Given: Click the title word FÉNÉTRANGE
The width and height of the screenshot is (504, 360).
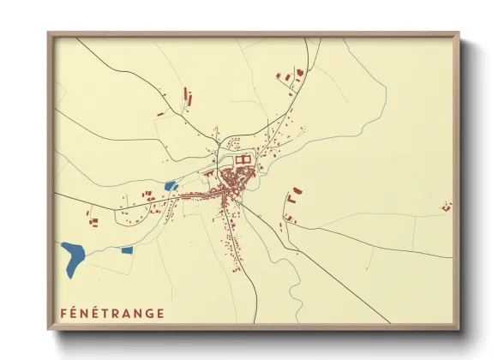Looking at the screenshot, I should click(x=112, y=313).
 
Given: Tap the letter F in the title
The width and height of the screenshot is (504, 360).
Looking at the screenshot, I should click(x=64, y=313).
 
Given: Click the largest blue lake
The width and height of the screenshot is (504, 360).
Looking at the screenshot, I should click(x=75, y=255).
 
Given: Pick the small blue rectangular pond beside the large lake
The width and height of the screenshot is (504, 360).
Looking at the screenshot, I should click(x=127, y=250).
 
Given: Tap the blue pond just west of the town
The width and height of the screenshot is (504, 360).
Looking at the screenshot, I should click(x=171, y=185).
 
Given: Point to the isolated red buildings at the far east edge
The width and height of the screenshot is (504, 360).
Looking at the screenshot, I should click(x=446, y=206).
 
